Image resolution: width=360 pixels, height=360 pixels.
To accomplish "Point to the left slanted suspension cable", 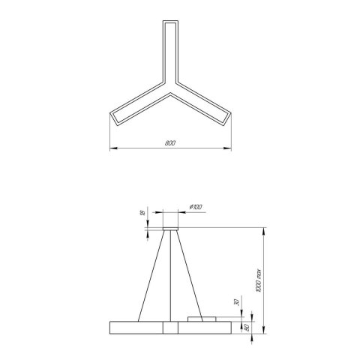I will tap(150, 274).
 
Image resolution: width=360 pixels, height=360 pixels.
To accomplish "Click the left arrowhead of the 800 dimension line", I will tap(112, 148).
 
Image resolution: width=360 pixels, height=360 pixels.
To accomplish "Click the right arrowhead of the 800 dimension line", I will tap(228, 148).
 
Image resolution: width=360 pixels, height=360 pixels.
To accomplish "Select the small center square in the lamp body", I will tap(170, 327).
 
